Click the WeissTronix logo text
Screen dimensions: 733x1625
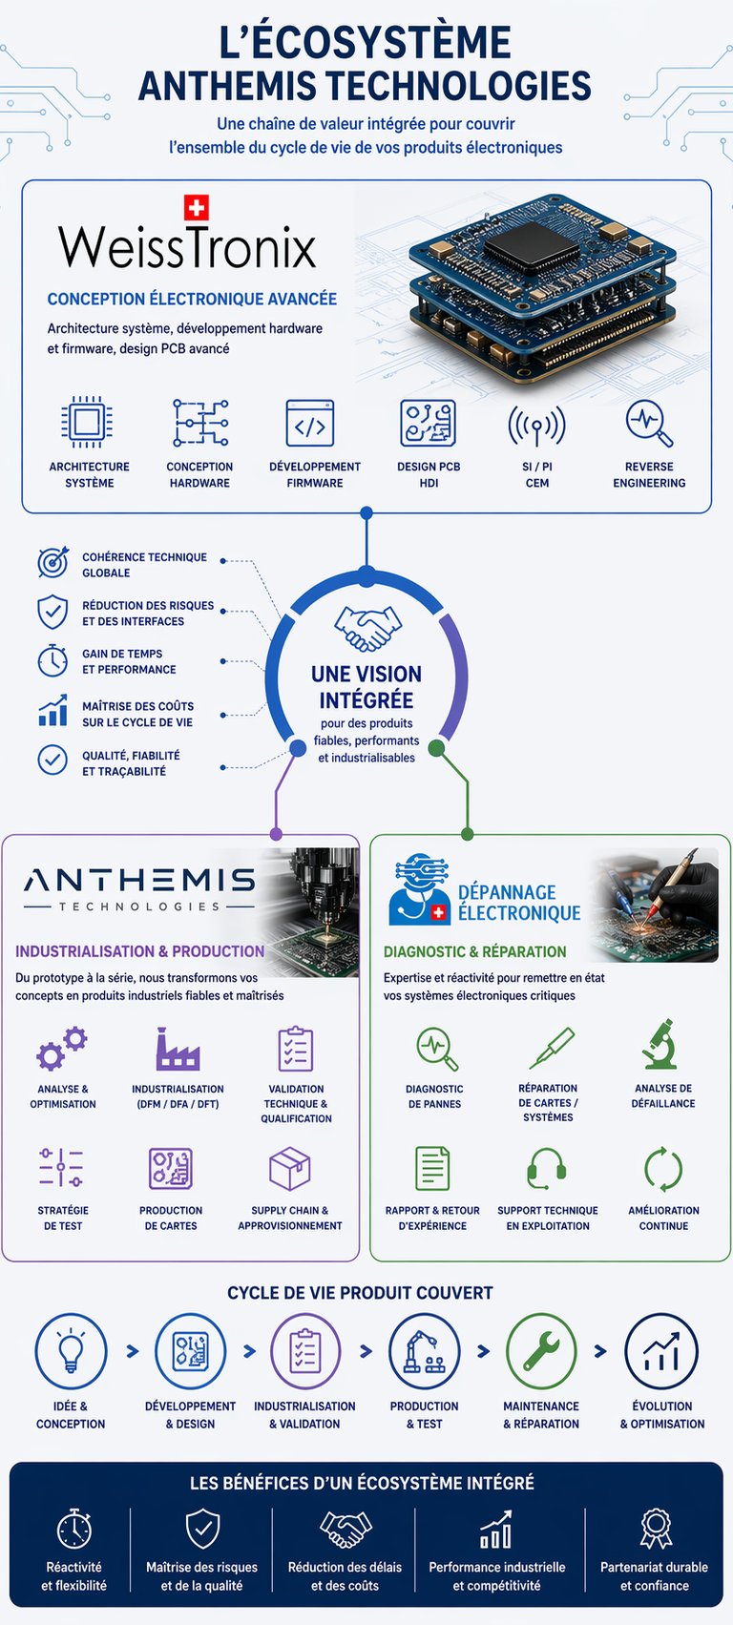point(187,246)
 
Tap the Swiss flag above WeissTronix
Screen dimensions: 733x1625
point(196,208)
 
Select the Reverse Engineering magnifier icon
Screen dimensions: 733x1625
point(649,424)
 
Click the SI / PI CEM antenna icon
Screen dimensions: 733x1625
point(536,425)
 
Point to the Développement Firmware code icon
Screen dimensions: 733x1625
point(310,424)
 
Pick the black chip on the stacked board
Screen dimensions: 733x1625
point(531,244)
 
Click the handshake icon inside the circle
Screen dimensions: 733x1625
point(367,628)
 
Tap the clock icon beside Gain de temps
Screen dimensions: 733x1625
point(52,660)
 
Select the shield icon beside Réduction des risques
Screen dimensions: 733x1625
point(52,612)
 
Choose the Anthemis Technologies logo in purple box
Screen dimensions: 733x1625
point(139,887)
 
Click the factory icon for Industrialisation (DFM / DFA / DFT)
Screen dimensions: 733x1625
point(178,1049)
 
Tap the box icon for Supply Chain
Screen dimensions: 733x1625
point(290,1168)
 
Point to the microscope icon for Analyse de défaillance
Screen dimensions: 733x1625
point(660,1044)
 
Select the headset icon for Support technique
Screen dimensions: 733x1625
point(547,1167)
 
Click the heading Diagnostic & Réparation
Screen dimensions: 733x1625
point(474,951)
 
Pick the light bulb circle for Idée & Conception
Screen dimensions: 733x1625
point(71,1351)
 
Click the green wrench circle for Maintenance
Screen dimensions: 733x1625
point(541,1351)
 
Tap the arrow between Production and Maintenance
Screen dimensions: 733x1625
point(483,1351)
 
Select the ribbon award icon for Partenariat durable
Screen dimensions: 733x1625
point(655,1528)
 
